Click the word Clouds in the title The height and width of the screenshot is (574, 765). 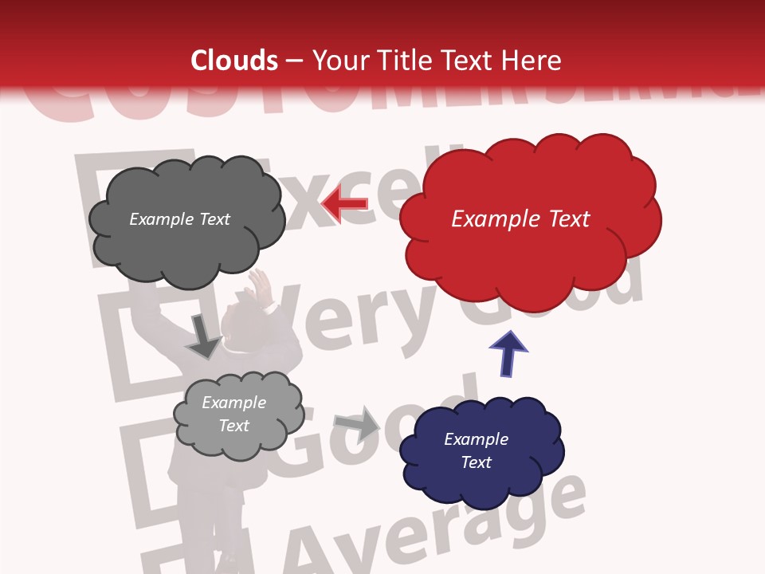pyautogui.click(x=234, y=61)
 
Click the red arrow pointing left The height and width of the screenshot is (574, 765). pyautogui.click(x=344, y=203)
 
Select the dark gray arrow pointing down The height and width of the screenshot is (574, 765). pyautogui.click(x=203, y=337)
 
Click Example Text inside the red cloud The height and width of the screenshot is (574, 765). pyautogui.click(x=520, y=219)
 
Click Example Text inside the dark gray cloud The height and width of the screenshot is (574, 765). pyautogui.click(x=179, y=219)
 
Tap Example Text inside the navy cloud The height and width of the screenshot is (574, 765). pyautogui.click(x=476, y=450)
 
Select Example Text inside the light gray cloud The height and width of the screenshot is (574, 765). pyautogui.click(x=233, y=414)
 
